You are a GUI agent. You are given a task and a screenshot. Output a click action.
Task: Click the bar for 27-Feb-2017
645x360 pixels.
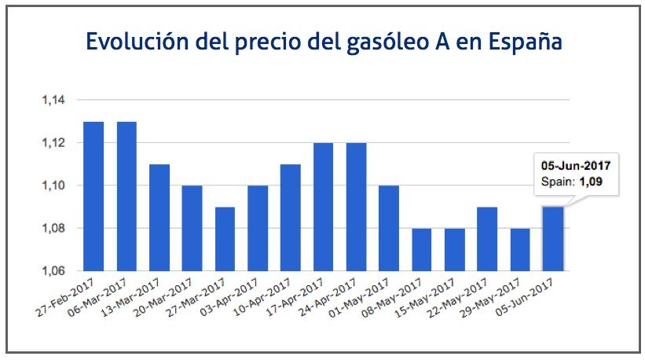[93, 197]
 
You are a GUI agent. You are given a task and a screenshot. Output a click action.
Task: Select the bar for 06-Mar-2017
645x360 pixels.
[126, 197]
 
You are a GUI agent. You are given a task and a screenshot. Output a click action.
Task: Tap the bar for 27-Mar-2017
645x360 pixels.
[225, 239]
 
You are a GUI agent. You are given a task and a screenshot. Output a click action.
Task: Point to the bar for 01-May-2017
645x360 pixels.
[388, 228]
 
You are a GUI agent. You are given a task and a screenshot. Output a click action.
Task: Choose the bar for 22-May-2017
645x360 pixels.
[486, 239]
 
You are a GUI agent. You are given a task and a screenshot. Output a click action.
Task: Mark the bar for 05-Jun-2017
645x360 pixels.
[552, 239]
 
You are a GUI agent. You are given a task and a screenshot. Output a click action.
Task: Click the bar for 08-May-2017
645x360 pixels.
[421, 249]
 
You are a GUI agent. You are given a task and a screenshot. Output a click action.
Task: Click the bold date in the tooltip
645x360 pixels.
[576, 166]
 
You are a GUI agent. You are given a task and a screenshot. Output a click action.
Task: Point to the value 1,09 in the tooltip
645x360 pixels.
[594, 182]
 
